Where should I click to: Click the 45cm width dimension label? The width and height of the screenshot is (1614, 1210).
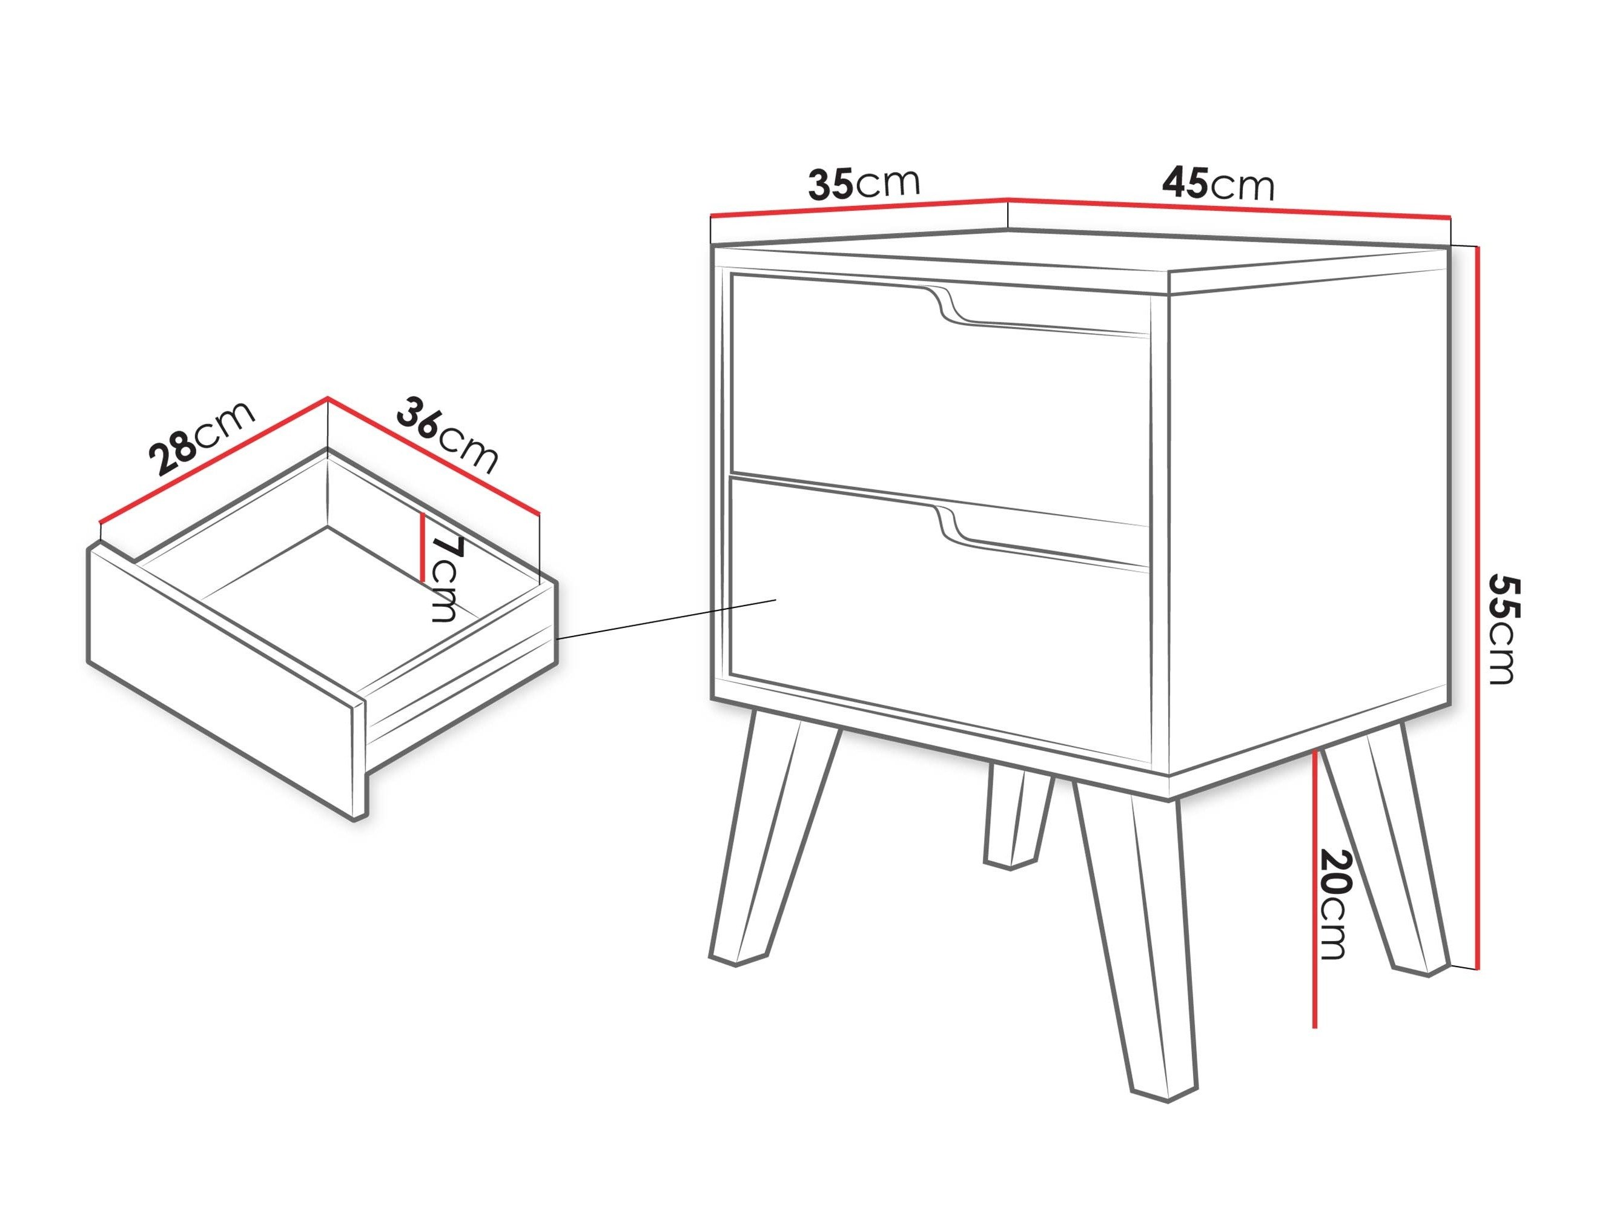coord(1218,184)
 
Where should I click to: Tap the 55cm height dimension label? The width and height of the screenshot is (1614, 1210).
coord(1501,629)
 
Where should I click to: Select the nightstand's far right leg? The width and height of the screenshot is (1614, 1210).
coord(1386,847)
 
